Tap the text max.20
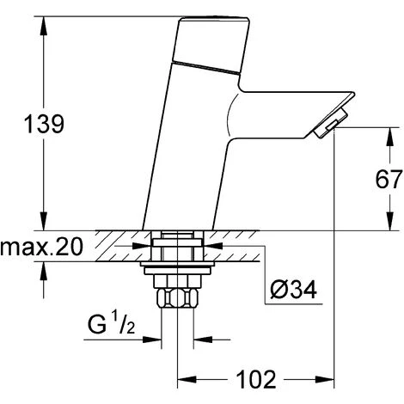click(x=40, y=249)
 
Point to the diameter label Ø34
click(x=291, y=291)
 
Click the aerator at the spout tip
click(x=324, y=128)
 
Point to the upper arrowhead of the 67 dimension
click(x=374, y=133)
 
